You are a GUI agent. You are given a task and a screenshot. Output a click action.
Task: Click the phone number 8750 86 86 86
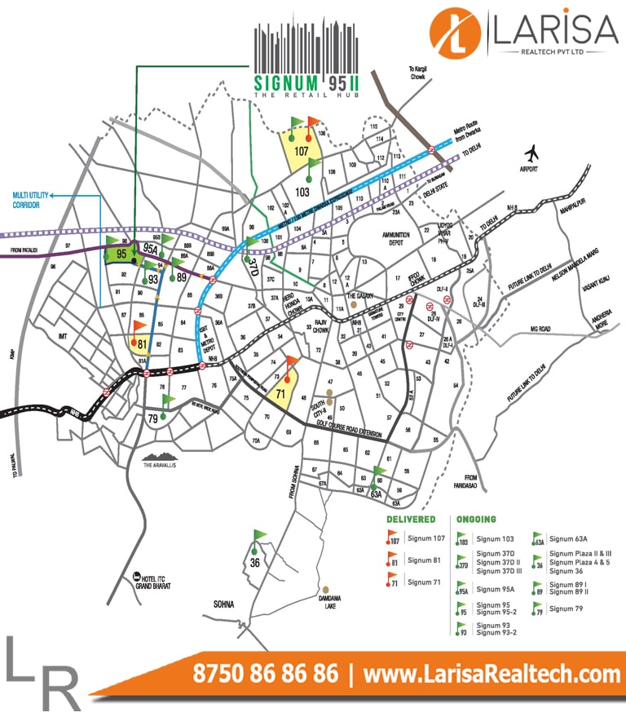pos(265,675)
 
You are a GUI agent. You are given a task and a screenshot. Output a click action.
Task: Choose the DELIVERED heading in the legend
pos(411,519)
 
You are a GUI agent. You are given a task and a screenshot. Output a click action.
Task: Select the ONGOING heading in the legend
pos(476,519)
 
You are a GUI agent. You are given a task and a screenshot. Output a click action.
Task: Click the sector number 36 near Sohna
pos(254,562)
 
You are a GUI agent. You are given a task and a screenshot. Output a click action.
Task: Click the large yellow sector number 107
pos(302,151)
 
